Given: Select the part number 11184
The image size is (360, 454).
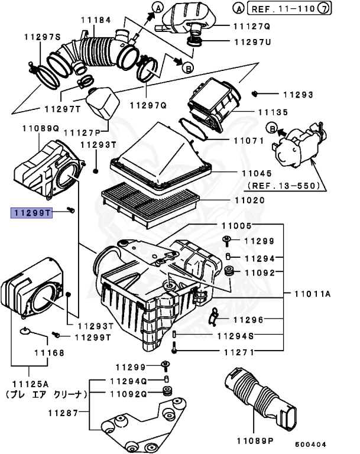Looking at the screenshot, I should pos(96,20).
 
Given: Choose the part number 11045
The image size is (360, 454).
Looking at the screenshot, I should pos(255,174).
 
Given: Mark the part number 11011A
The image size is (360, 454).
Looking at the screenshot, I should pos(316,293).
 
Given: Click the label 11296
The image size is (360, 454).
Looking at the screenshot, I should pos(250,320).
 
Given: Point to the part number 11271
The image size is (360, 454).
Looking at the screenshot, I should pos(238,352).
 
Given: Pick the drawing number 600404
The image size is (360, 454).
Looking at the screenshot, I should pos(310,444).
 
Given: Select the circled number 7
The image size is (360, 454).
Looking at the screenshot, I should pos(340,9).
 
